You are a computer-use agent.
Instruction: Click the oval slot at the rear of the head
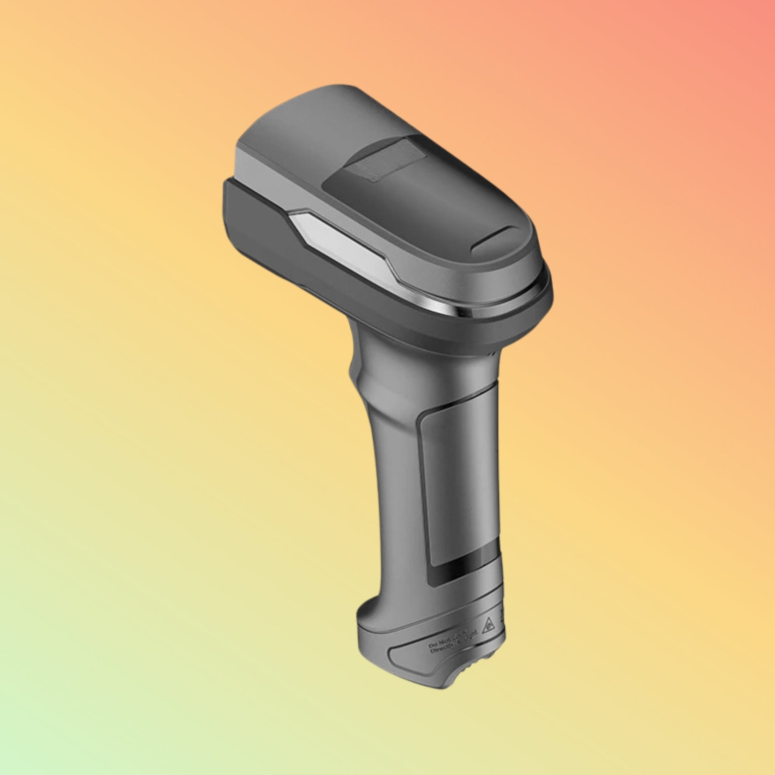tap(495, 240)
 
